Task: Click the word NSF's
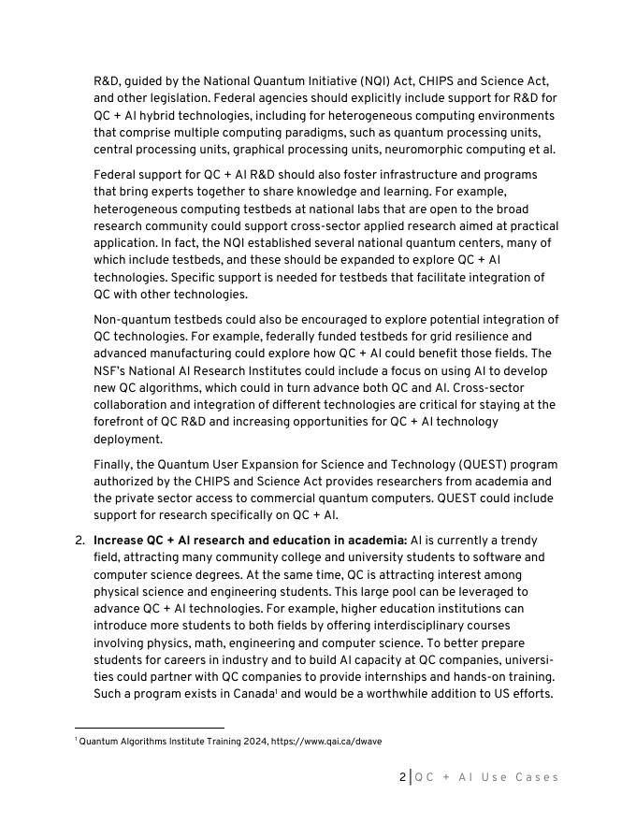pos(112,371)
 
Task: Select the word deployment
pos(128,440)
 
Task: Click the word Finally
pos(116,465)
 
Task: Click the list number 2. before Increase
pos(79,541)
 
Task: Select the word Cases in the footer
pos(537,777)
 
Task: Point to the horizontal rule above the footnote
pos(150,728)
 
